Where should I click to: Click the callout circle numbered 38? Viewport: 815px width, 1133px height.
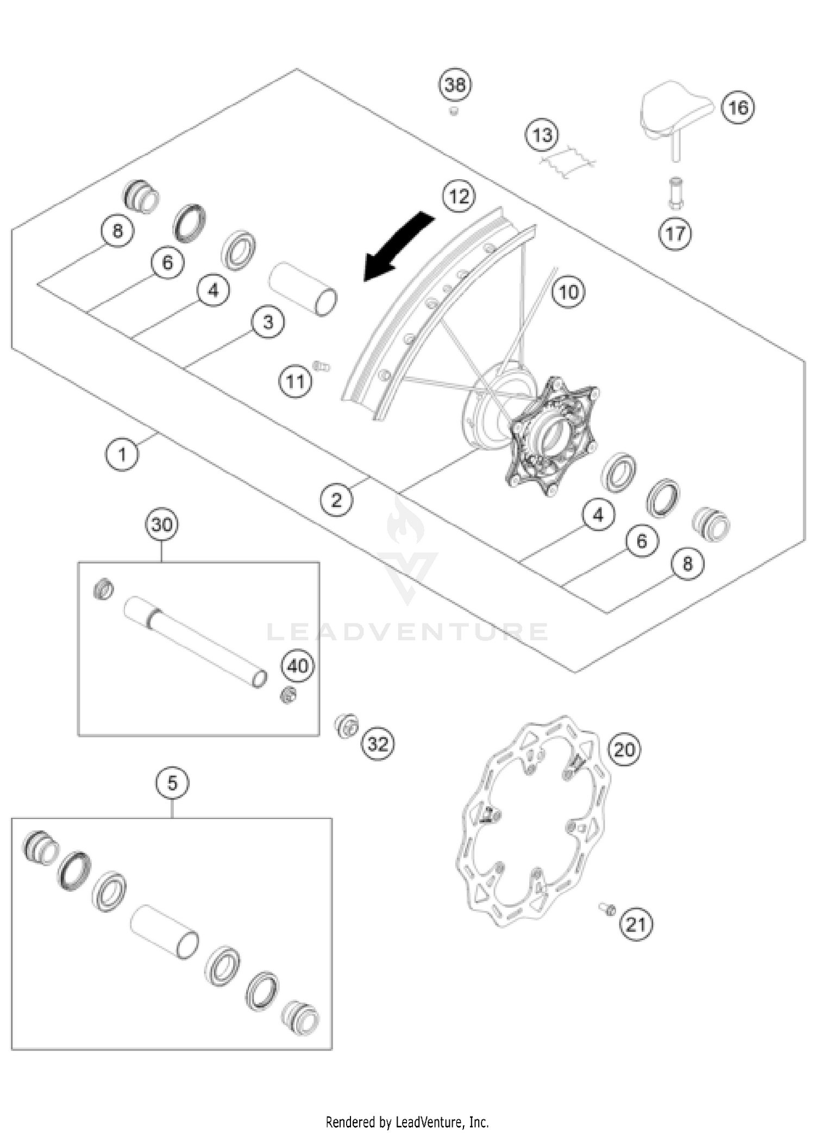click(455, 85)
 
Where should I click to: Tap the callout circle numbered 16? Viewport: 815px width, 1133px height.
click(738, 108)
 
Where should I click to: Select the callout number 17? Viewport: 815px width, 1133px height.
click(675, 234)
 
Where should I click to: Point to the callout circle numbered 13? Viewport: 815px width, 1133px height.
click(542, 135)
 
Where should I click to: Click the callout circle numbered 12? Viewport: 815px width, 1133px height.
click(459, 196)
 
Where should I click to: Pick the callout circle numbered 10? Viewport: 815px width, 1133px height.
click(568, 293)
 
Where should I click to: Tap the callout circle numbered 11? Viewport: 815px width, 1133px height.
click(295, 382)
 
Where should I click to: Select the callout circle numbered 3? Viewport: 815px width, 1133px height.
click(268, 322)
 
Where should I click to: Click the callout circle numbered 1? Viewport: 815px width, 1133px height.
click(122, 454)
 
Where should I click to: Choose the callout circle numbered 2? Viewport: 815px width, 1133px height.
click(336, 500)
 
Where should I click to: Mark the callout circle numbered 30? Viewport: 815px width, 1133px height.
click(162, 525)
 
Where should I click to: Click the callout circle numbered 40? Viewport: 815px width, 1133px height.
click(298, 666)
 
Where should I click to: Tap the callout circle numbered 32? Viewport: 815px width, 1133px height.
click(378, 744)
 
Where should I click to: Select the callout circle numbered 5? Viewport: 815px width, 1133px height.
click(172, 783)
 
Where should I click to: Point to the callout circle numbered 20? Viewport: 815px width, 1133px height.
click(624, 750)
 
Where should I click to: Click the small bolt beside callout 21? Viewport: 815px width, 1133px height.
click(607, 908)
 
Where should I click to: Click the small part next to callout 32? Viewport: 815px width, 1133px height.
click(346, 725)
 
